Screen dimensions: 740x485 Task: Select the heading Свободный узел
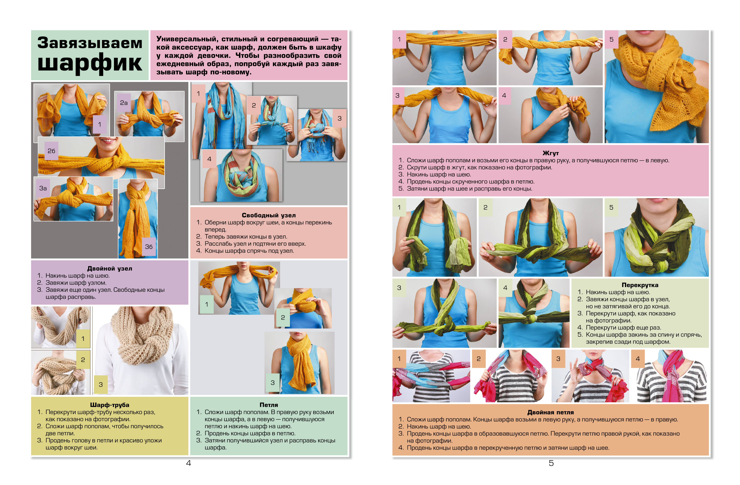click(x=269, y=215)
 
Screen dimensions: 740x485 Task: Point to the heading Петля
click(x=269, y=405)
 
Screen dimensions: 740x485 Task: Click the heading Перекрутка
click(x=640, y=285)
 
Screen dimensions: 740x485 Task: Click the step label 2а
click(x=124, y=103)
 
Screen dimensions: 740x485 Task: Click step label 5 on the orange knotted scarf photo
click(x=611, y=40)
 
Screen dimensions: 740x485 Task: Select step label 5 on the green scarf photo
click(x=611, y=207)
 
